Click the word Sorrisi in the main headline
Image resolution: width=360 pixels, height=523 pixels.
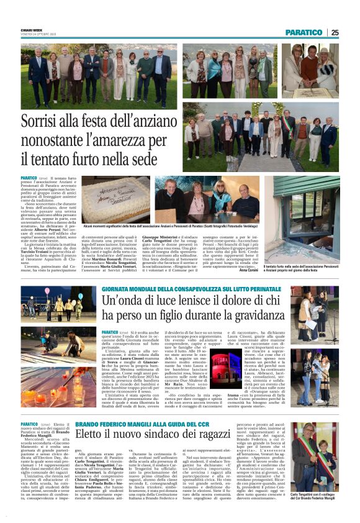coord(59,122)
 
